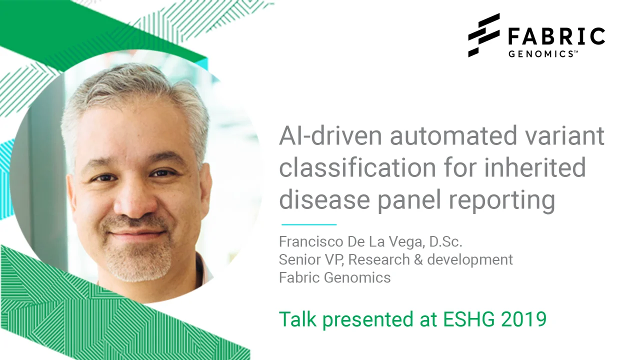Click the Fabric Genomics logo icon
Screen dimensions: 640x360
483,35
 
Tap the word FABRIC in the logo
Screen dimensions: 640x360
557,36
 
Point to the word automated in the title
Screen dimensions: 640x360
453,135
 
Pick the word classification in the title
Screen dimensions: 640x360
357,167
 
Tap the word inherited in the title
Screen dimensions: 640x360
535,167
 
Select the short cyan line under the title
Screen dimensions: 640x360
309,224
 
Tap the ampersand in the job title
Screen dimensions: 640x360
418,259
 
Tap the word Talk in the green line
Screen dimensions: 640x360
297,319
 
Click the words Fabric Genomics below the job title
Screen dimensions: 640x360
335,277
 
